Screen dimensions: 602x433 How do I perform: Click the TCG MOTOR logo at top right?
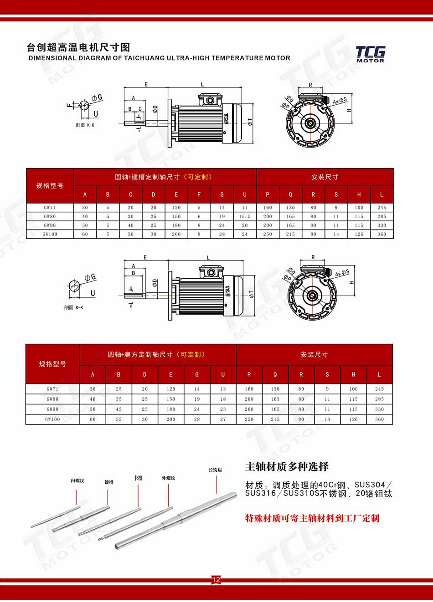pyautogui.click(x=370, y=54)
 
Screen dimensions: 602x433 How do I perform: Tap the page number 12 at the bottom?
pyautogui.click(x=216, y=580)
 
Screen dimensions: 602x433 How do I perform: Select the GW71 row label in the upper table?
pyautogui.click(x=50, y=208)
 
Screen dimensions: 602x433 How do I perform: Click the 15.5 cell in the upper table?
pyautogui.click(x=245, y=217)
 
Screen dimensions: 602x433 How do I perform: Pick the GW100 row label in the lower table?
pyautogui.click(x=52, y=419)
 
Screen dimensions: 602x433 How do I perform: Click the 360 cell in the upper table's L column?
pyautogui.click(x=381, y=235)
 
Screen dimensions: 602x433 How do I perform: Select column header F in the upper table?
pyautogui.click(x=199, y=195)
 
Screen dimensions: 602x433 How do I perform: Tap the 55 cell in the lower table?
pyautogui.click(x=119, y=419)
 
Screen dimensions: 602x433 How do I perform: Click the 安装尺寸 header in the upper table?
pyautogui.click(x=325, y=177)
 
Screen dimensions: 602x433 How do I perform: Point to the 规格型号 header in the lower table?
pyautogui.click(x=52, y=364)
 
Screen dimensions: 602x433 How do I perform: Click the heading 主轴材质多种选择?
pyautogui.click(x=287, y=467)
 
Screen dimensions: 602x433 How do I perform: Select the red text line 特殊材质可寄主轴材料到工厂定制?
pyautogui.click(x=312, y=518)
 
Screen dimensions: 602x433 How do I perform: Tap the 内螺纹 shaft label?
pyautogui.click(x=77, y=481)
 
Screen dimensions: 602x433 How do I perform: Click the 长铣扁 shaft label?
pyautogui.click(x=215, y=470)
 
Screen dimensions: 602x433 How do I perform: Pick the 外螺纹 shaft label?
pyautogui.click(x=168, y=478)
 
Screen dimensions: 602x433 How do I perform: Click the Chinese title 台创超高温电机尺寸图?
pyautogui.click(x=78, y=47)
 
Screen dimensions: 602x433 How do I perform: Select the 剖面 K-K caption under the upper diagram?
pyautogui.click(x=85, y=125)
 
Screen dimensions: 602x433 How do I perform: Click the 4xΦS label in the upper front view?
pyautogui.click(x=340, y=101)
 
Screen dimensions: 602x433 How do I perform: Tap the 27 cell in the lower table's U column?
pyautogui.click(x=223, y=419)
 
